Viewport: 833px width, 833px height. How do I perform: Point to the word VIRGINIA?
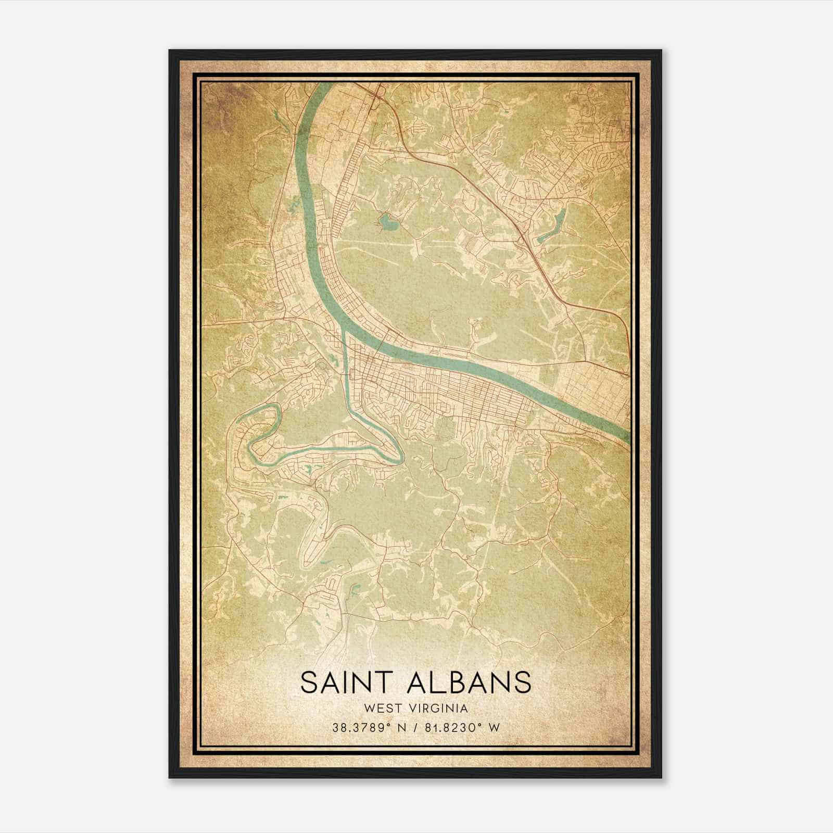pos(440,708)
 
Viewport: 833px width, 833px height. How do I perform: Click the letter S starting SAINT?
pos(309,683)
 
